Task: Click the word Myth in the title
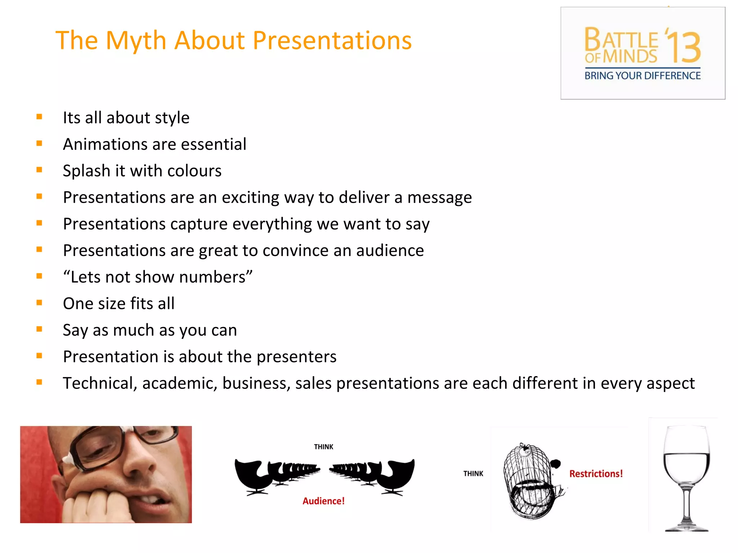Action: click(x=136, y=40)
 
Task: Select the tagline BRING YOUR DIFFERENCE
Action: click(x=643, y=76)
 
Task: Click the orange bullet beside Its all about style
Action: click(x=39, y=117)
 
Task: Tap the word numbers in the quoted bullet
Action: click(x=212, y=277)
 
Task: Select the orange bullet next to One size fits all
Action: click(x=39, y=303)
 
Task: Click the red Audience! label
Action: click(x=323, y=501)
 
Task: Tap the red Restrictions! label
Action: click(x=596, y=474)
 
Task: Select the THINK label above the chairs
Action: click(x=324, y=447)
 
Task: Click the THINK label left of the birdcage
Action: click(x=473, y=474)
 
